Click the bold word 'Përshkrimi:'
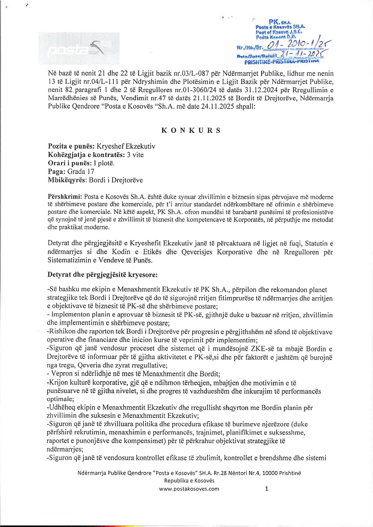pos(65,197)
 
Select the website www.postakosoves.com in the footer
pos(189,489)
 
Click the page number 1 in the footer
pos(266,489)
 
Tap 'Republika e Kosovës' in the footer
pos(189,480)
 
